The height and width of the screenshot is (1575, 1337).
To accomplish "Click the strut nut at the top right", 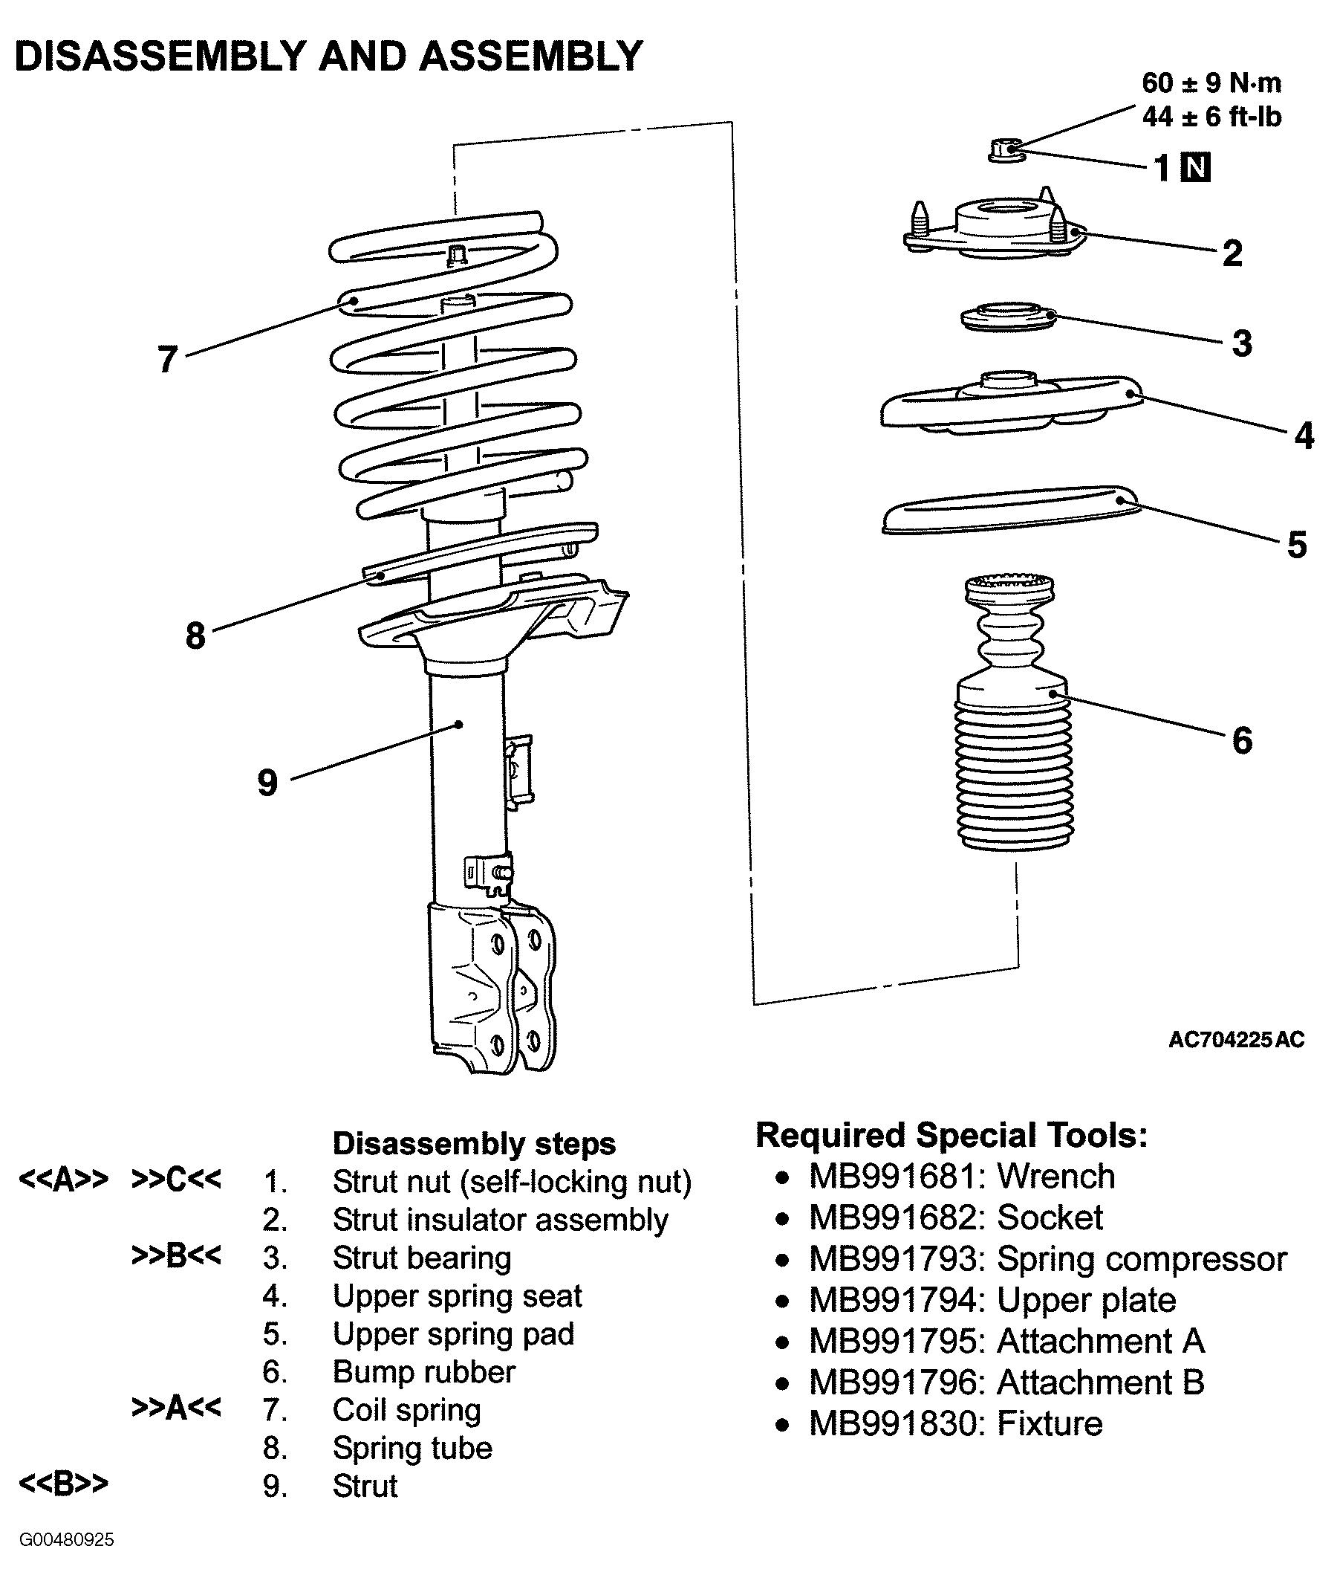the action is (x=1007, y=149).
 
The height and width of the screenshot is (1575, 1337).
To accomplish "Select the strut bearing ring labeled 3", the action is (x=1008, y=317).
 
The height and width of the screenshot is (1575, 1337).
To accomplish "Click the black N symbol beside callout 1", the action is (x=1196, y=167).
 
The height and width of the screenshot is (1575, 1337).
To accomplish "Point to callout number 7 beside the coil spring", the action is (x=168, y=359).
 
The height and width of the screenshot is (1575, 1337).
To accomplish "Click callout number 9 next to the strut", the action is (x=267, y=782).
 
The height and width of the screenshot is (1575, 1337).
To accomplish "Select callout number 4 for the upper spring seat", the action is (x=1304, y=436).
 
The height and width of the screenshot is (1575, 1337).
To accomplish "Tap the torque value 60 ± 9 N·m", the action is (x=1211, y=83).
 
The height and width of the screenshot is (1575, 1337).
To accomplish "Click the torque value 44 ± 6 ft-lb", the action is (x=1211, y=117).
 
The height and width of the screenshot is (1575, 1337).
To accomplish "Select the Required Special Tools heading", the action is (x=951, y=1135).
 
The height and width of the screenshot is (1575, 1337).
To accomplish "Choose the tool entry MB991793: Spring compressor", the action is (x=1048, y=1259).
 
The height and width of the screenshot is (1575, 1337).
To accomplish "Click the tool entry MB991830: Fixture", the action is (x=956, y=1423).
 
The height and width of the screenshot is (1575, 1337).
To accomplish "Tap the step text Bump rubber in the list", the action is (x=423, y=1372).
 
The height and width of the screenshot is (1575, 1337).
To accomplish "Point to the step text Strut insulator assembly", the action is (x=500, y=1220).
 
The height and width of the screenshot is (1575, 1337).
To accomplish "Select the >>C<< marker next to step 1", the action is (x=176, y=1180).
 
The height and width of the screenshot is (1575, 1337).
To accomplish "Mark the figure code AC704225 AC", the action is (x=1236, y=1040).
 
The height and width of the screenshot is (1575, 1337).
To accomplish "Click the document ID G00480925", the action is (x=67, y=1540).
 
